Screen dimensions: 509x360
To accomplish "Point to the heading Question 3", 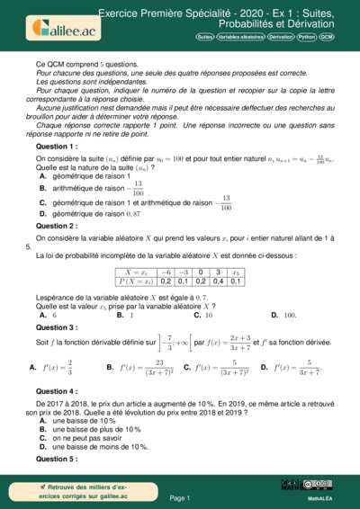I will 57,328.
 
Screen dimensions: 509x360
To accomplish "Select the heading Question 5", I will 57,459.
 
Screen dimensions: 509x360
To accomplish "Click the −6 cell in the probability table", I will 166,270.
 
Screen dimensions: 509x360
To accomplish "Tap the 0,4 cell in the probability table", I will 217,281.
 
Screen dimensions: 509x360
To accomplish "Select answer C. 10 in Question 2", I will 202,316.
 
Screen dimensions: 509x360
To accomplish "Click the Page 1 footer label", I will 180,497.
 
